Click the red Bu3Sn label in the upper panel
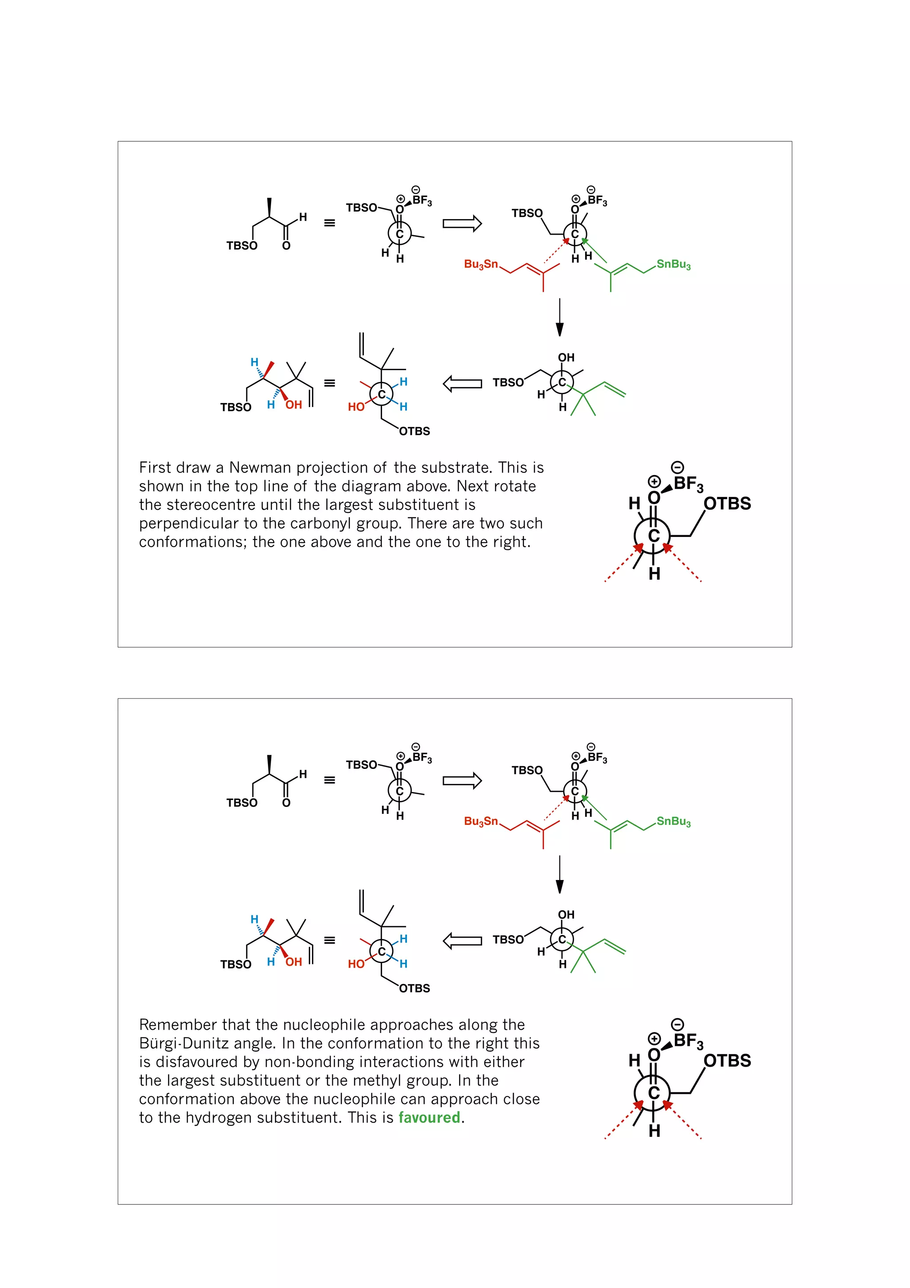click(x=481, y=264)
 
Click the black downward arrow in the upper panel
click(x=559, y=317)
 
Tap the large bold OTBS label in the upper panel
click(x=727, y=504)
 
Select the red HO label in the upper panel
click(x=356, y=407)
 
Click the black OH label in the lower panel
click(x=566, y=914)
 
